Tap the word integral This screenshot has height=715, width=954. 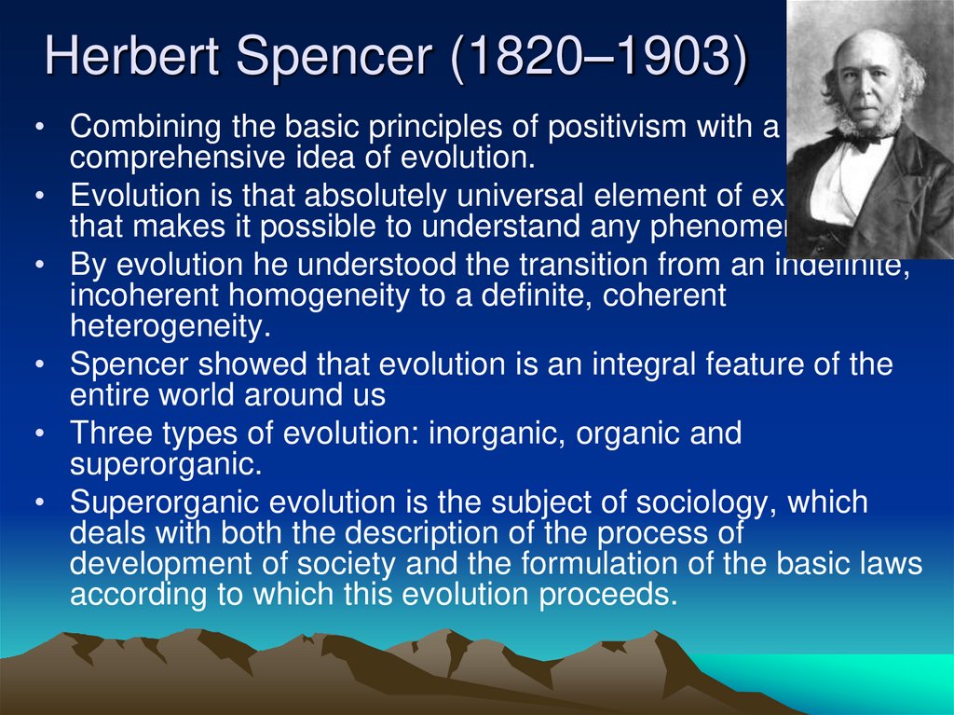[662, 364]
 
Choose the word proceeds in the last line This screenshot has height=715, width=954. [606, 595]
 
